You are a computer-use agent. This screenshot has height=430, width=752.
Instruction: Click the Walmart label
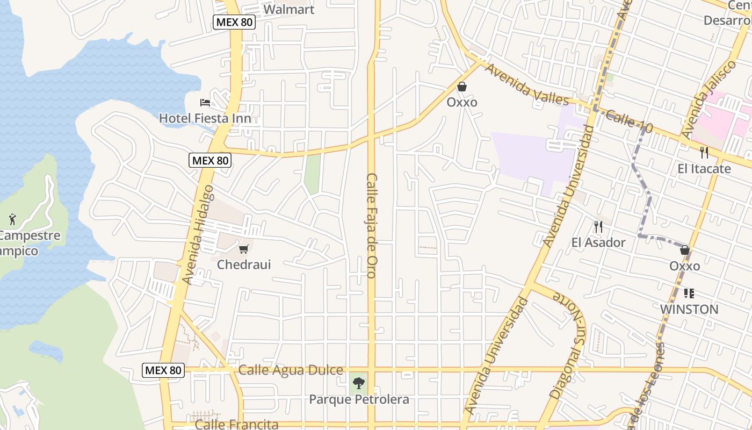click(288, 9)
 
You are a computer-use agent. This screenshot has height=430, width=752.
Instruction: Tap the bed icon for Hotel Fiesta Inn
click(205, 102)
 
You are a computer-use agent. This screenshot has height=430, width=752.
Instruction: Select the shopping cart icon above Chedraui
click(244, 249)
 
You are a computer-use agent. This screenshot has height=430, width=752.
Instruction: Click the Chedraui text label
click(244, 264)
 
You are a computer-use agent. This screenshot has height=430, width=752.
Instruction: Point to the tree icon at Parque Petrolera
click(359, 383)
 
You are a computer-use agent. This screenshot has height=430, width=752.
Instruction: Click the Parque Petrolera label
click(359, 399)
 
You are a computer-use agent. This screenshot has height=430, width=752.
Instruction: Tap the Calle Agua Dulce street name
click(291, 370)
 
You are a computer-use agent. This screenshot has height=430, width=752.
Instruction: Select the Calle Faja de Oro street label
click(371, 226)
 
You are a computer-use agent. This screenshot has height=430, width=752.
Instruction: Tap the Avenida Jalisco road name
click(708, 100)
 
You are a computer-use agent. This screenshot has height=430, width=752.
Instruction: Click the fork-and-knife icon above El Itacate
click(704, 153)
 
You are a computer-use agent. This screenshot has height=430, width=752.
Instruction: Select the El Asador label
click(598, 242)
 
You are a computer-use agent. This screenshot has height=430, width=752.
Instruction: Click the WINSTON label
click(689, 309)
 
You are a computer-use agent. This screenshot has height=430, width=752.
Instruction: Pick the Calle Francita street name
click(236, 424)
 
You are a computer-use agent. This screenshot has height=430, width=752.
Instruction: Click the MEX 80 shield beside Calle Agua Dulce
click(163, 370)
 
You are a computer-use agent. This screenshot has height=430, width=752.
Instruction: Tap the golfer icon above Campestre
click(12, 219)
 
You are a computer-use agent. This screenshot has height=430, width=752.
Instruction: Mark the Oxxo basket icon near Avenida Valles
click(461, 87)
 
